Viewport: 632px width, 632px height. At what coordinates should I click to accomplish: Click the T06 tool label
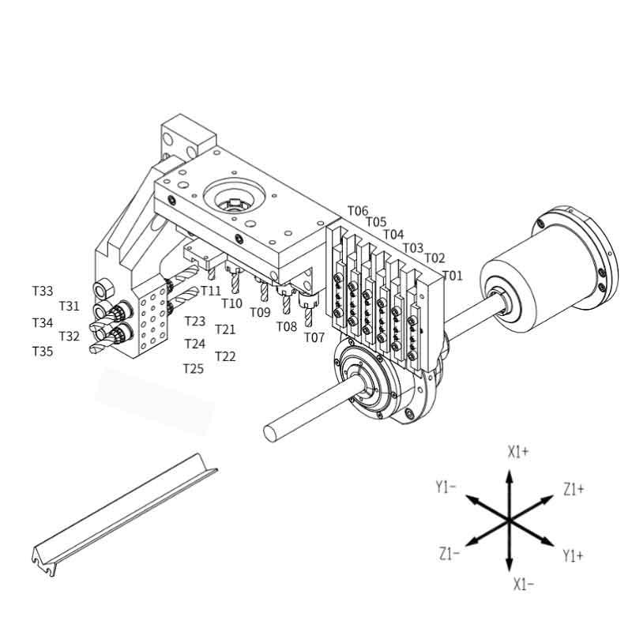(x=358, y=211)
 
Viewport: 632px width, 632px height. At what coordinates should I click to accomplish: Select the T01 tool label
(x=452, y=276)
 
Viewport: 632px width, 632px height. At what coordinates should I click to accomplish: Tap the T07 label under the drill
(x=314, y=337)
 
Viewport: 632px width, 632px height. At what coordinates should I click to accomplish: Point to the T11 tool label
(x=211, y=291)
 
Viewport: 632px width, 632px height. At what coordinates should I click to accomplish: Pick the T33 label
(x=43, y=291)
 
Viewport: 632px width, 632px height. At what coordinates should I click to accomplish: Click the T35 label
(x=43, y=351)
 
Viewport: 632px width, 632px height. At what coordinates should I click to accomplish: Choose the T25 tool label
(x=194, y=368)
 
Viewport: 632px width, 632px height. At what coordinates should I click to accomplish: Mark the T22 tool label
(x=225, y=356)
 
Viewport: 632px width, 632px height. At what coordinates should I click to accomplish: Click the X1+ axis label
(x=518, y=452)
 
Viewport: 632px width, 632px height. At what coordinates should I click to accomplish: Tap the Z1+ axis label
(x=574, y=490)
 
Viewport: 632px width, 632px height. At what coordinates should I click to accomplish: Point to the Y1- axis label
(x=446, y=487)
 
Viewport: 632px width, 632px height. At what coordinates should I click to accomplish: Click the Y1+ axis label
(x=574, y=556)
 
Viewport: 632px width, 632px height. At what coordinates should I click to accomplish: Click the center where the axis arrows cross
(x=510, y=519)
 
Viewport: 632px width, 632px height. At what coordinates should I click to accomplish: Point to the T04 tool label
(x=393, y=235)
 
